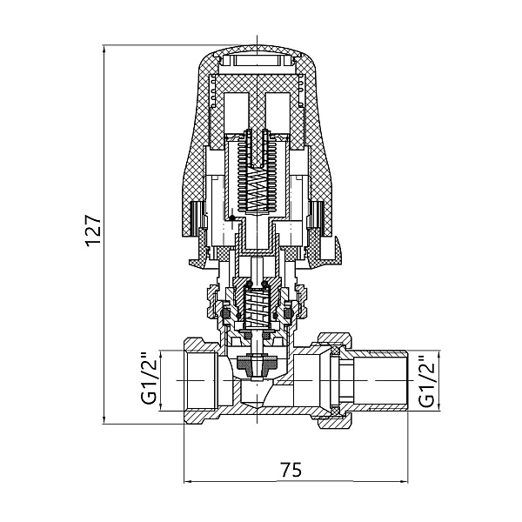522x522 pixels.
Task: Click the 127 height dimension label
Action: click(93, 231)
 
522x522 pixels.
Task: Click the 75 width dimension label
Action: click(291, 470)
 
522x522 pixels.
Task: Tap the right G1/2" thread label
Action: click(427, 382)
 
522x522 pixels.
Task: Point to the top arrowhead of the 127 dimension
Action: click(104, 49)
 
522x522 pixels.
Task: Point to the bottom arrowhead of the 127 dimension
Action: click(104, 419)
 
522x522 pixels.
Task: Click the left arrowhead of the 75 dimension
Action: click(189, 481)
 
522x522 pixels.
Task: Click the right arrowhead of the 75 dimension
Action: click(404, 481)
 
